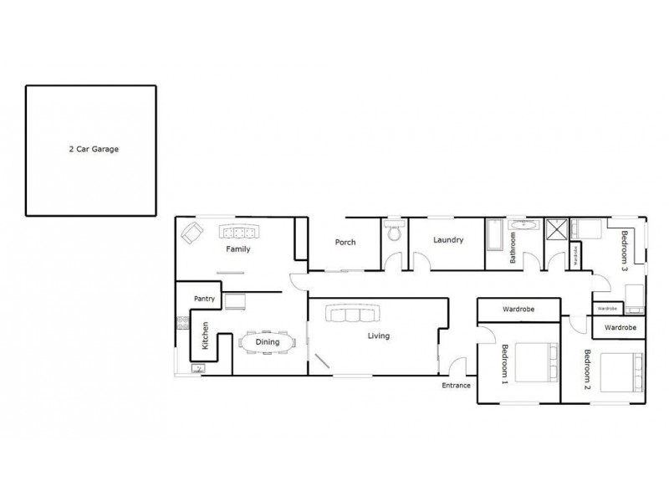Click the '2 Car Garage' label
(94, 151)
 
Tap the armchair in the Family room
(192, 234)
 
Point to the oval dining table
(267, 342)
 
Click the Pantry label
(206, 298)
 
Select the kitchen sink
(198, 367)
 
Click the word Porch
(345, 243)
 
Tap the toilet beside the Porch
(394, 233)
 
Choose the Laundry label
(448, 240)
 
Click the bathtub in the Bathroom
(493, 236)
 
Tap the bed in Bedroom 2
(623, 374)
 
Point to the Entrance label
(457, 386)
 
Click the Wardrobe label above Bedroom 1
(518, 310)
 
